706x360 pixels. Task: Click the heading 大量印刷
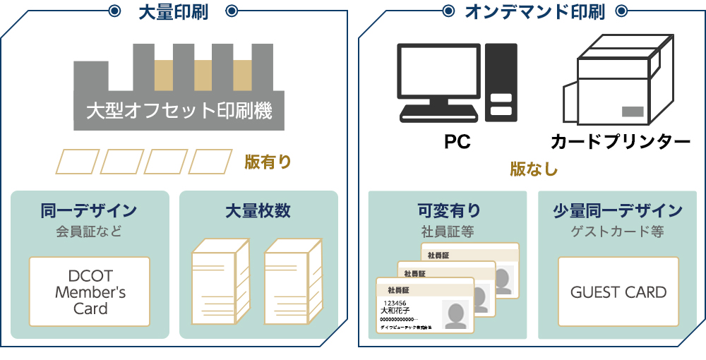[x=174, y=11]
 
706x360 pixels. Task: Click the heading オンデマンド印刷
[x=534, y=11]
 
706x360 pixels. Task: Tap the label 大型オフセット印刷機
[x=179, y=111]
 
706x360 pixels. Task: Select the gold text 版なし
[x=534, y=169]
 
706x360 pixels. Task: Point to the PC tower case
[x=501, y=80]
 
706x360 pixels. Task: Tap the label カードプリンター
[x=619, y=142]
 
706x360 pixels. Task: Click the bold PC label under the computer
[x=457, y=142]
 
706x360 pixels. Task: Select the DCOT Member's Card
[x=90, y=292]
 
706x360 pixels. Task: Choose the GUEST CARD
[x=618, y=292]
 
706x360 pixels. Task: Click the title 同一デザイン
[x=89, y=210]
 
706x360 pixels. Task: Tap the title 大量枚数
[x=258, y=210]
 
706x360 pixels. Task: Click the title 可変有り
[x=448, y=210]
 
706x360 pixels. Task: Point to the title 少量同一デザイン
[x=618, y=210]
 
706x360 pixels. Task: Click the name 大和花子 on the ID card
[x=395, y=311]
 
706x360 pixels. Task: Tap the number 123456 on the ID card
[x=395, y=302]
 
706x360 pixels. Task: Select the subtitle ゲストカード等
[x=618, y=230]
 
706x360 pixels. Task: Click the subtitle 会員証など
[x=89, y=230]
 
